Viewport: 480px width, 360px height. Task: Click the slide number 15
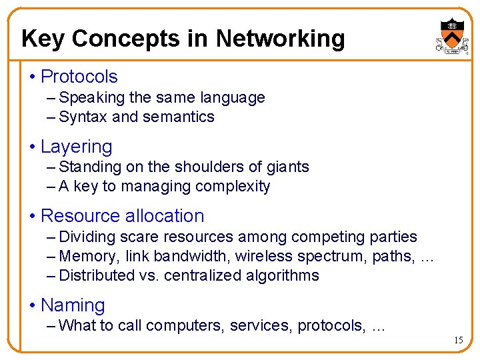[458, 341]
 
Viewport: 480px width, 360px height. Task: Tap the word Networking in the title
[280, 39]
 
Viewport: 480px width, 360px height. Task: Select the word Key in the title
[43, 39]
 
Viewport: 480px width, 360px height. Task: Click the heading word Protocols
[79, 77]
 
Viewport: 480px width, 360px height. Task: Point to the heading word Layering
[76, 147]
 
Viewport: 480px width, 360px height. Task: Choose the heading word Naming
[73, 305]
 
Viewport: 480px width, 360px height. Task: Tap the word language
[233, 98]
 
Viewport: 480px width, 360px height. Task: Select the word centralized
[203, 275]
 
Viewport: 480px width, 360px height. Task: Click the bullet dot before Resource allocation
[33, 216]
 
